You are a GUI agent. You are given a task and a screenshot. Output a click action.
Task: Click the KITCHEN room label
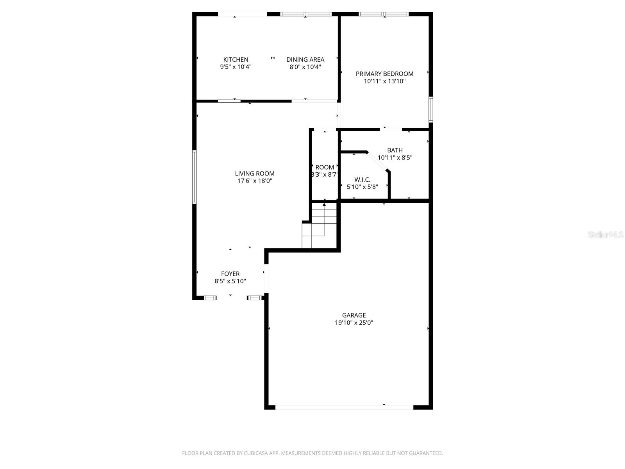tap(236, 59)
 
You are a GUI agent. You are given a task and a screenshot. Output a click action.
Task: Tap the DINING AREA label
tap(305, 59)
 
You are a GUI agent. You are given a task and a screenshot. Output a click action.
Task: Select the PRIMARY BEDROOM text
tap(384, 73)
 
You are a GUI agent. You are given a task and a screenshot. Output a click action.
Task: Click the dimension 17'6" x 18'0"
tap(254, 181)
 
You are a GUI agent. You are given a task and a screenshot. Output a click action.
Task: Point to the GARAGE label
tap(354, 315)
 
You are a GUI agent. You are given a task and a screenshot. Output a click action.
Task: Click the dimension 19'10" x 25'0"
tap(354, 323)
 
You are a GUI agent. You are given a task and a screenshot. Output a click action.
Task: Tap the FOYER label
tap(230, 274)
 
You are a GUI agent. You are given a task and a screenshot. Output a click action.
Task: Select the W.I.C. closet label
tap(362, 179)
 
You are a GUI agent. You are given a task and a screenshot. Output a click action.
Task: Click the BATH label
tap(395, 150)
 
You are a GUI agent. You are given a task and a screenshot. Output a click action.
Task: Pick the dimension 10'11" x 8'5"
tap(395, 158)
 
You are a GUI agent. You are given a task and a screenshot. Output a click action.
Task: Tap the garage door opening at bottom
tap(344, 407)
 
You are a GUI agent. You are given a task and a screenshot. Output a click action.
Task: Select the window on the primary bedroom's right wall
tap(430, 109)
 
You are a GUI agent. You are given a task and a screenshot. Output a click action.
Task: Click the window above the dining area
tap(306, 14)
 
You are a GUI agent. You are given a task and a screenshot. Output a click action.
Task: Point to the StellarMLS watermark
tap(606, 235)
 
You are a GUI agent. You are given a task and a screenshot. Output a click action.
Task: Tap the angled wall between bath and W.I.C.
tap(377, 161)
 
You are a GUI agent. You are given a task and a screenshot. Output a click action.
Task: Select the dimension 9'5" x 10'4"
tap(236, 67)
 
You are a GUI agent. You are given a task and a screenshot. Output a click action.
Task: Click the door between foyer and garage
tap(266, 278)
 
